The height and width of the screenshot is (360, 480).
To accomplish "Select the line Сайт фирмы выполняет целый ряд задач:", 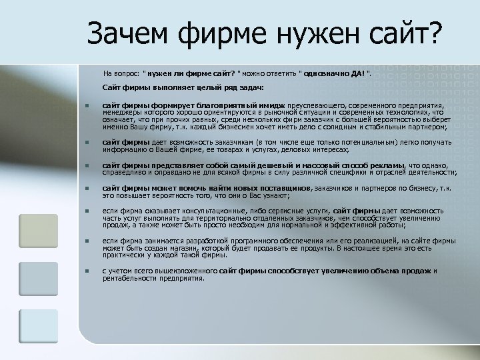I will coord(183,89).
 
